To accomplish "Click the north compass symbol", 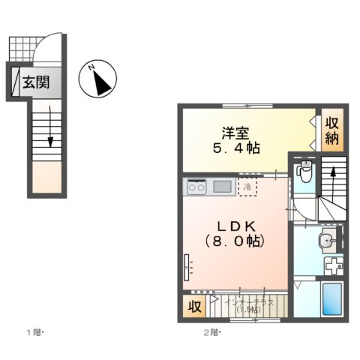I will pos(99,78).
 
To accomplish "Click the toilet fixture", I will pos(304,172).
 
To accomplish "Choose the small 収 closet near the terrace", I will pos(193,305).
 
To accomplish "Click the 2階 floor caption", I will pos(211,331).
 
